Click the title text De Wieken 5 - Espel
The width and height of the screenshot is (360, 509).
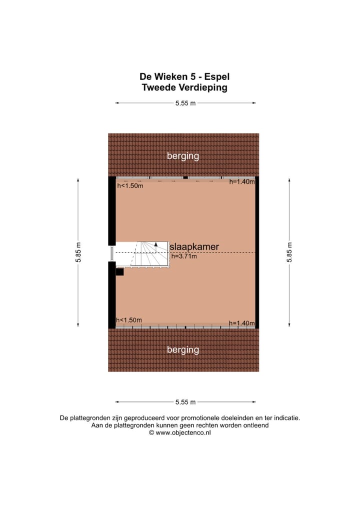point(184,77)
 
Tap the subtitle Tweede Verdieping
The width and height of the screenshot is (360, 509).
point(184,87)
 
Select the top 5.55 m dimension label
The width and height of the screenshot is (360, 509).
point(185,103)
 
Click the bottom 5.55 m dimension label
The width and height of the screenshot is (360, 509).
point(185,401)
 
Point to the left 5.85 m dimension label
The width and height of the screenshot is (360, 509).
point(79,252)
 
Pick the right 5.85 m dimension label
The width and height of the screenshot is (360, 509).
point(289,252)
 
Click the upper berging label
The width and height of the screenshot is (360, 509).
point(183,156)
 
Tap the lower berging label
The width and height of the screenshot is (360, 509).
point(183,349)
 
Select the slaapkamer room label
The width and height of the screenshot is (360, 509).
point(194,247)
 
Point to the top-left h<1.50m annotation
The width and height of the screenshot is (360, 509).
point(130,186)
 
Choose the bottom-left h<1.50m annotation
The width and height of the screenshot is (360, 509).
point(129,320)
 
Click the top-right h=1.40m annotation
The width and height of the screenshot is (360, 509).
point(242,182)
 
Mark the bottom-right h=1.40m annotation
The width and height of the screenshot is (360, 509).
point(242,323)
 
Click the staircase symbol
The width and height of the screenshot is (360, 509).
point(142,254)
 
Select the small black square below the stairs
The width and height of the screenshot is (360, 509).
point(119,272)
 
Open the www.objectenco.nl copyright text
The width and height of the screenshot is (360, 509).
point(180,433)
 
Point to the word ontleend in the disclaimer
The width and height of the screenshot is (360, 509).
point(256,425)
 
